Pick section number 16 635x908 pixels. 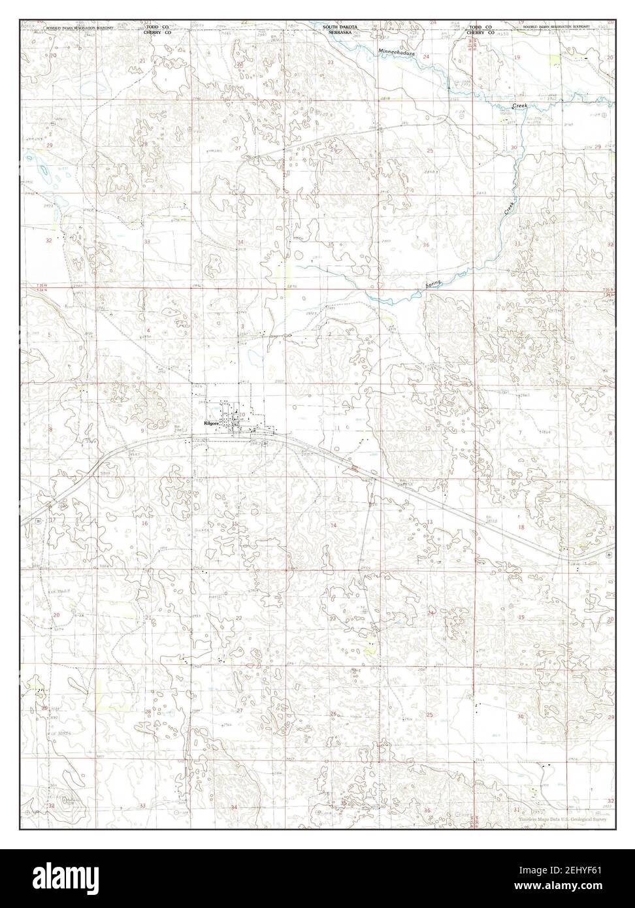coord(144,523)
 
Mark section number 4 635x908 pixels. coord(148,331)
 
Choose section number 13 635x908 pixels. coord(429,521)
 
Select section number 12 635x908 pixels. coord(428,429)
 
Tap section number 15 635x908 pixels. coord(235,523)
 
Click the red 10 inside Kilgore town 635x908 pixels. coord(242,415)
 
